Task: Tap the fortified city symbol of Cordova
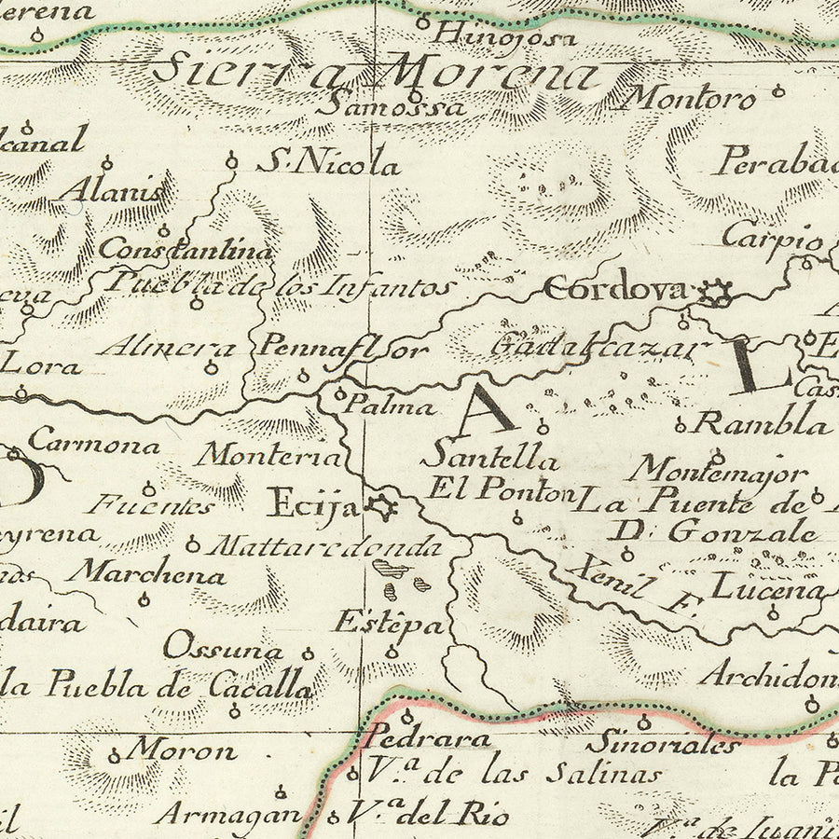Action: coord(717,293)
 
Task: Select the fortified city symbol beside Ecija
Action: coord(380,508)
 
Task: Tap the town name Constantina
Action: coord(186,250)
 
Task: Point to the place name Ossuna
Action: coord(224,649)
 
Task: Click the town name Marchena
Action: coord(150,574)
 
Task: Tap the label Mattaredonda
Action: coord(323,545)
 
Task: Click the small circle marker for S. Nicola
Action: coord(232,163)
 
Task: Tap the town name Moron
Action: coord(182,749)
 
